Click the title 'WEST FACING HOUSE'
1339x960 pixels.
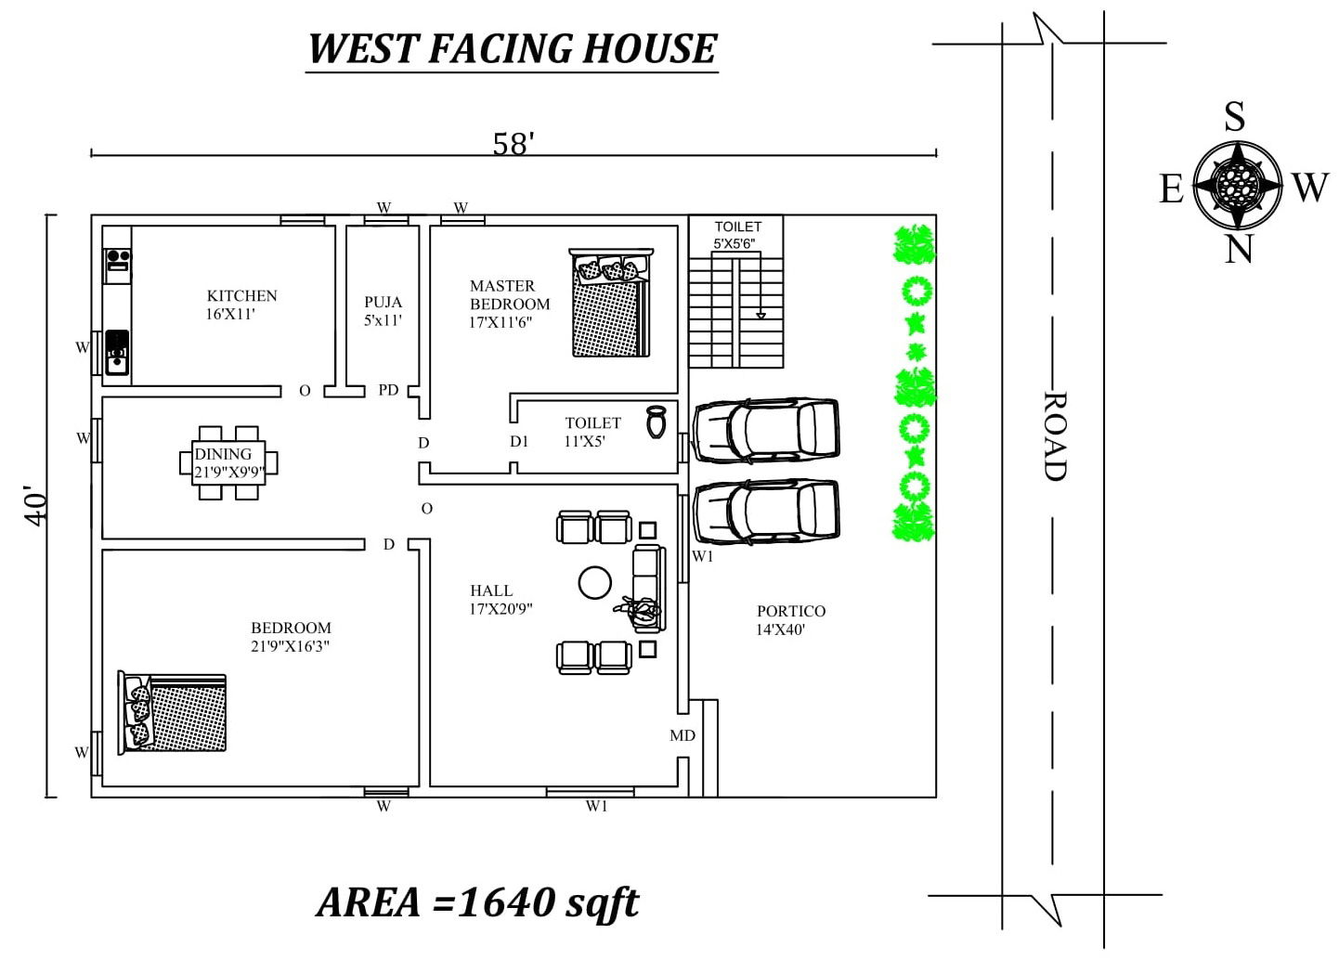(512, 48)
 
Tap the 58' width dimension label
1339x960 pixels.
(513, 144)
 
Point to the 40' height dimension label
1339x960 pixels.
(35, 505)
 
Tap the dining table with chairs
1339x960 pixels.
(228, 462)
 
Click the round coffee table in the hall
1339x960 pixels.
(594, 582)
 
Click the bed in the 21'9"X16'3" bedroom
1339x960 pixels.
(173, 712)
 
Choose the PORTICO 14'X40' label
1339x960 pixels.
(790, 619)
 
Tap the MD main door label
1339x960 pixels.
(682, 735)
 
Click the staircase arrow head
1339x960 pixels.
(760, 316)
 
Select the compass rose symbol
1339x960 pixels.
(1237, 185)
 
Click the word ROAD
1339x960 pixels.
(1054, 435)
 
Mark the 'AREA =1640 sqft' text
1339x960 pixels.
(477, 902)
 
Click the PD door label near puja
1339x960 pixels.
(388, 390)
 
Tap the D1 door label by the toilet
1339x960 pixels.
(518, 442)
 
